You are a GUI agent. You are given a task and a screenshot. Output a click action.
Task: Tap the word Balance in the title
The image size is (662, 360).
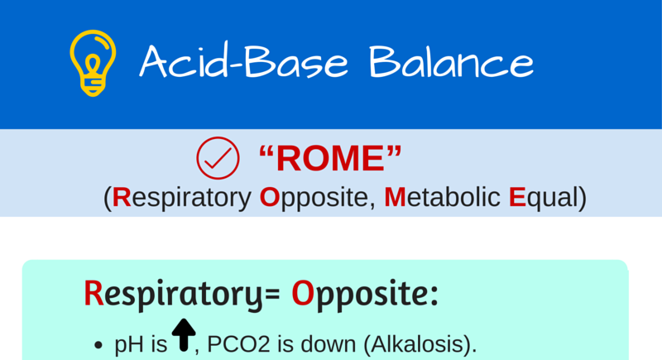451,61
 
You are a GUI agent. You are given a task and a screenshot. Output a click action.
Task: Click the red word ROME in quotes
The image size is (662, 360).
330,158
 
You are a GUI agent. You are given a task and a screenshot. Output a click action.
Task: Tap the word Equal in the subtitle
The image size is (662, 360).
542,197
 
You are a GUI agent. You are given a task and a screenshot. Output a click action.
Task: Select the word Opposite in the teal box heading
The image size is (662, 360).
364,294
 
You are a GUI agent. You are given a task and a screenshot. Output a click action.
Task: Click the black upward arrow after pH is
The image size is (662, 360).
183,335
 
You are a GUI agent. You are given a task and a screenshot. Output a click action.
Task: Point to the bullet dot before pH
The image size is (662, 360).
99,344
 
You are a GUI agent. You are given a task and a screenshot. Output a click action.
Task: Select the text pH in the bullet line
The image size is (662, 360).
127,344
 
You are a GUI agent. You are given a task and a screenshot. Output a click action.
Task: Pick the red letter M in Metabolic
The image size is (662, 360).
394,197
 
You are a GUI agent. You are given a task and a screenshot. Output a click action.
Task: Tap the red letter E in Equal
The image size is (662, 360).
517,197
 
